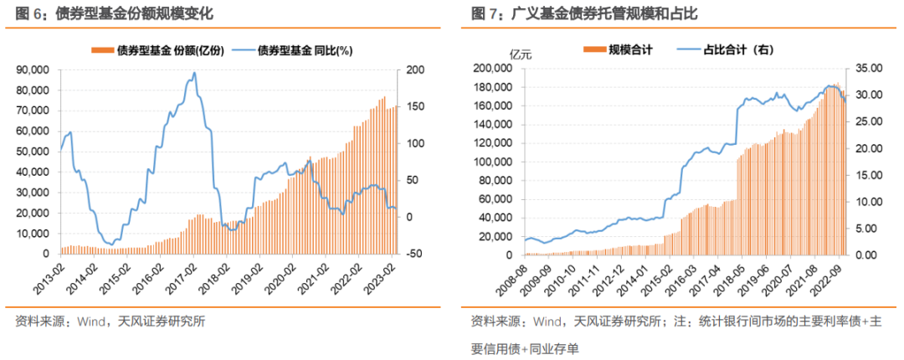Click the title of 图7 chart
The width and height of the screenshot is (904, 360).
pos(583,13)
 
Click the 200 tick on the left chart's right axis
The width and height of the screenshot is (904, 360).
pos(415,69)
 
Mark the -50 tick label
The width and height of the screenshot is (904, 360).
pos(415,254)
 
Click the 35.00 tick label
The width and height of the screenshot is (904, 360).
pos(869,69)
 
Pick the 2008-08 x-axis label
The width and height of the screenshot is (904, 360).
pos(512,275)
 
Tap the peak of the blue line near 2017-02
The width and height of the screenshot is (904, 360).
pos(194,73)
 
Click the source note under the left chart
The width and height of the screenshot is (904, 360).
pos(110,321)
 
